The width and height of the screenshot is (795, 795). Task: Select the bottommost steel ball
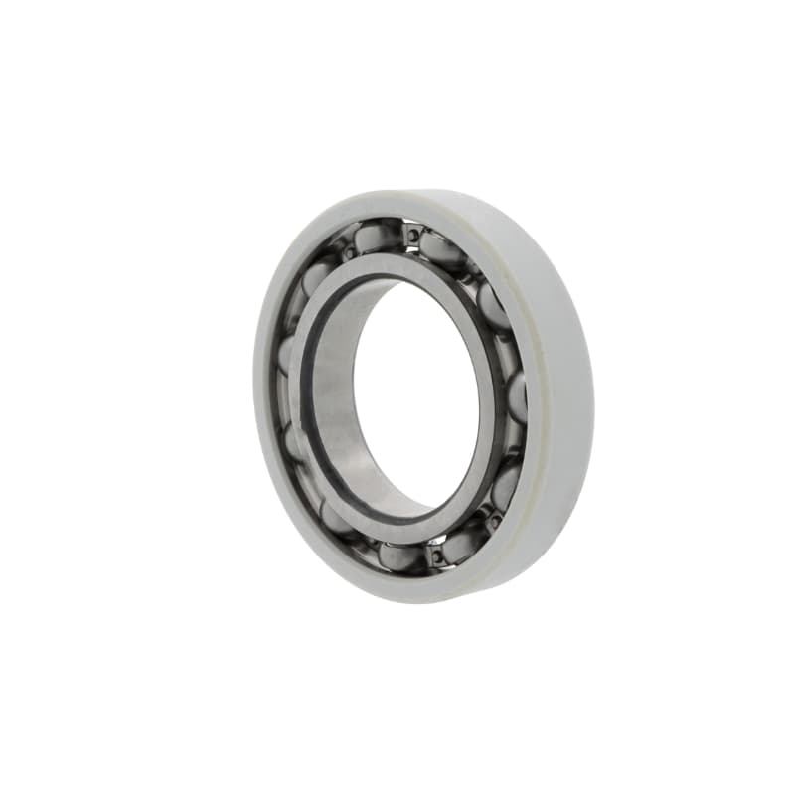point(399,556)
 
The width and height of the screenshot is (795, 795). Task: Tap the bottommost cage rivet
point(435,555)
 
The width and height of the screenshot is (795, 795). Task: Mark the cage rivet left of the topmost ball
point(347,254)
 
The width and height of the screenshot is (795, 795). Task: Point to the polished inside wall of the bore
point(343,417)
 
